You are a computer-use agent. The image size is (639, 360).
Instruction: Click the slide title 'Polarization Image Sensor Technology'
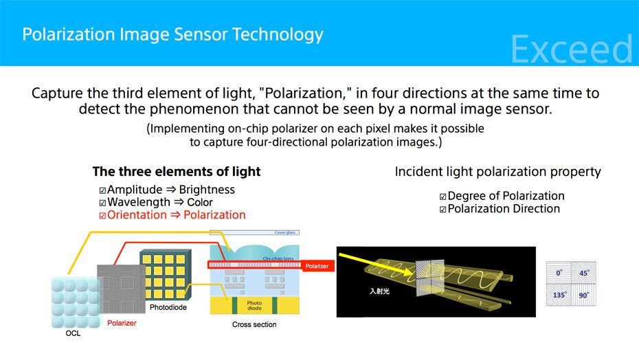172,34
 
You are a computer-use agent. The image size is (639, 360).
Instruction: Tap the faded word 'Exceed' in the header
571,49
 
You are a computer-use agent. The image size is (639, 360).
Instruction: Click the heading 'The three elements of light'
177,172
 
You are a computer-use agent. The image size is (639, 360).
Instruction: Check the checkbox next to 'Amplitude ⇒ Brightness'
102,190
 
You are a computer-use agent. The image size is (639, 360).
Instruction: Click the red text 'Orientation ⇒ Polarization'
176,215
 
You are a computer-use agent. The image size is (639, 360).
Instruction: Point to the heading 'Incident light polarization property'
497,172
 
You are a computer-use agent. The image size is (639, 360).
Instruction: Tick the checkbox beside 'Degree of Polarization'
443,197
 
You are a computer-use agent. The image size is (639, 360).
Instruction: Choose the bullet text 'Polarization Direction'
504,209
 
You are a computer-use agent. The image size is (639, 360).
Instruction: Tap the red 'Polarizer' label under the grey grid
122,322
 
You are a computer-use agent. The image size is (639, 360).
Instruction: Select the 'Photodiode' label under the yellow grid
168,308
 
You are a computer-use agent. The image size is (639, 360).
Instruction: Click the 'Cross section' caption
254,324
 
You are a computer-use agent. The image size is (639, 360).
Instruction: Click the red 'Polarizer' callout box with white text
317,266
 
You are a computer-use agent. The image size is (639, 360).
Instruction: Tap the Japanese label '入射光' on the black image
380,291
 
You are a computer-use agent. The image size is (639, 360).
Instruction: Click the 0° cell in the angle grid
559,273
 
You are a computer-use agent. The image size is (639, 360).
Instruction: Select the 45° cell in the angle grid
584,273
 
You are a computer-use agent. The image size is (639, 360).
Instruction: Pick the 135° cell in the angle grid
559,295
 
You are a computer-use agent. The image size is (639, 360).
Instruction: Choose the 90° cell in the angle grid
584,295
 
